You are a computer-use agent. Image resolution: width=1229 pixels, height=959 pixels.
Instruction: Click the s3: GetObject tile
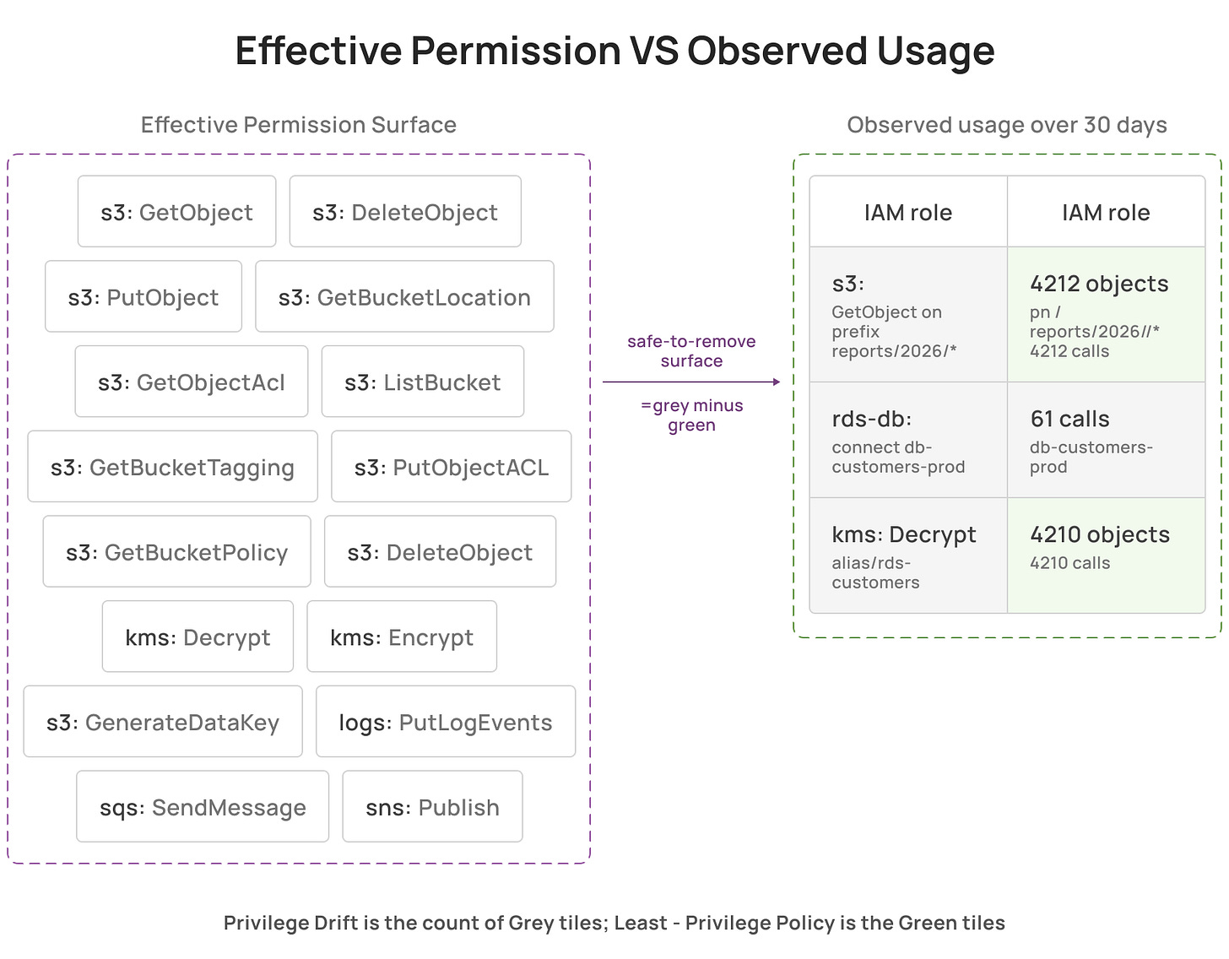tap(176, 211)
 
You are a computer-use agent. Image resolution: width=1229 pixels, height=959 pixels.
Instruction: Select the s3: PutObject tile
tap(143, 295)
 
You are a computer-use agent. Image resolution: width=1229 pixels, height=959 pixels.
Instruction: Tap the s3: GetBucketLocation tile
tap(403, 295)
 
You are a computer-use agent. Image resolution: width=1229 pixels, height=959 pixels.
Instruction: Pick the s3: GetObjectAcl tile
tap(191, 381)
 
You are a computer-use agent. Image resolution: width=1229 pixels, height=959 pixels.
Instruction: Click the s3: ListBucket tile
tap(423, 381)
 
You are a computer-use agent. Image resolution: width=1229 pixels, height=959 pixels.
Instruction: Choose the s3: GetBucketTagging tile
tap(172, 466)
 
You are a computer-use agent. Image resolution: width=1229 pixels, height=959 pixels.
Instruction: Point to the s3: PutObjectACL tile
tap(451, 466)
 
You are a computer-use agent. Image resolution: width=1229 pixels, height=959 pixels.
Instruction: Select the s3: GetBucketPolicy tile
tap(176, 550)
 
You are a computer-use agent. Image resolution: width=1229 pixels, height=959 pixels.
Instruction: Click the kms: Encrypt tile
tap(402, 636)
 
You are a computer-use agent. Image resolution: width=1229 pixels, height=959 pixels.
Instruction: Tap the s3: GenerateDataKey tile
tap(163, 721)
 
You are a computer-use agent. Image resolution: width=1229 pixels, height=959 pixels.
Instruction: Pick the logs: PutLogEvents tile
tap(445, 721)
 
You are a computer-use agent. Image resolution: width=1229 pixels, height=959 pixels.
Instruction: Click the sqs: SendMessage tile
tap(203, 805)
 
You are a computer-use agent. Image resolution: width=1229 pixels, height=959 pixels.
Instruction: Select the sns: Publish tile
tap(432, 805)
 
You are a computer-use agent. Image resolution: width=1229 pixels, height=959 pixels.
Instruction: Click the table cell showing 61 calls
tap(1106, 439)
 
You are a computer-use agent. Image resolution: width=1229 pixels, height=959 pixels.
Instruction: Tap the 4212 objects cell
tap(1106, 314)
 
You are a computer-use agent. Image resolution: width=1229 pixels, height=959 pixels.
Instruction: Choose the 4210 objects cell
tap(1106, 555)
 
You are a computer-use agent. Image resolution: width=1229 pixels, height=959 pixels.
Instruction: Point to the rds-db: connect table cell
tap(908, 439)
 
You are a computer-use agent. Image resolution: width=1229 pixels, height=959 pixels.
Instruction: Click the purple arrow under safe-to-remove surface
tap(691, 382)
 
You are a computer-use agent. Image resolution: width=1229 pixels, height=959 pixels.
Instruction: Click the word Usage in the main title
tap(935, 51)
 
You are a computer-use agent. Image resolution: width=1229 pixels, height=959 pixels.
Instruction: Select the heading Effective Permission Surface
tap(298, 124)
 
